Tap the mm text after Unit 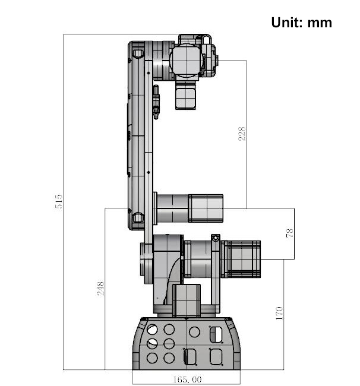(x=320, y=24)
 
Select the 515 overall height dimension (x=59, y=201)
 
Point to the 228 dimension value (x=242, y=134)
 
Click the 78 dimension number (x=289, y=233)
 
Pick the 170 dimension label (x=279, y=314)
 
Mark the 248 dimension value (x=100, y=289)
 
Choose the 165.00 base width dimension (x=187, y=379)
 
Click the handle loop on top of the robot (x=207, y=39)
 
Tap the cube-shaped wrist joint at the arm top (x=186, y=60)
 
